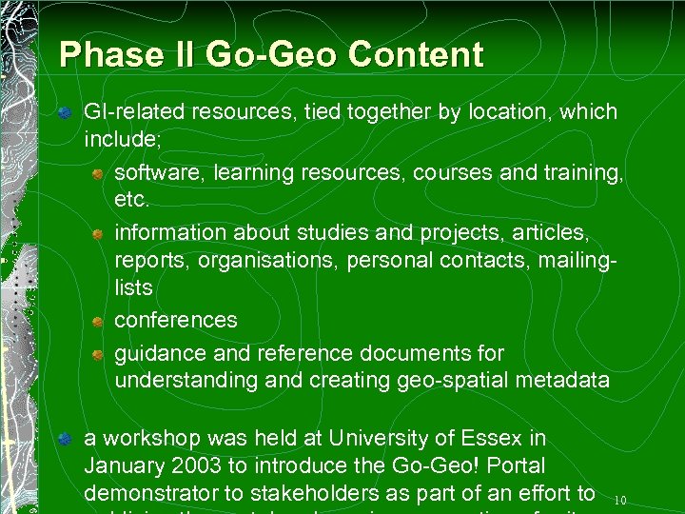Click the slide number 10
(620, 500)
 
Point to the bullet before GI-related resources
(65, 113)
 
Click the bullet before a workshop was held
(65, 440)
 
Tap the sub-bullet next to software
(98, 174)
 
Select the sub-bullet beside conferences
(98, 322)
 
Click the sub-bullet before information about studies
(98, 233)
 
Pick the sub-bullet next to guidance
(98, 354)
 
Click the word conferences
(176, 320)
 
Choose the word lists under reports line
(133, 287)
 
